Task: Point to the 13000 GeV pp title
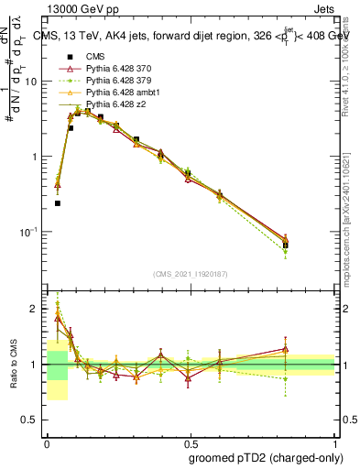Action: pos(71,8)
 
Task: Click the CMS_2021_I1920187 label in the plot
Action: pos(191,273)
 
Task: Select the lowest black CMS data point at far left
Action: pos(58,203)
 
